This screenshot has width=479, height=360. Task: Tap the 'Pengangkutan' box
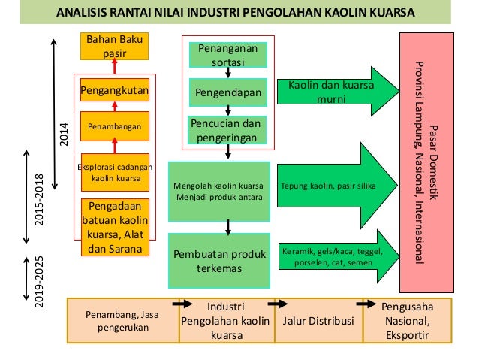coord(114,91)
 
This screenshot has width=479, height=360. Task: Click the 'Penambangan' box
coord(114,126)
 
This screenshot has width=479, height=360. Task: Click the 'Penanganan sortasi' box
coord(227,56)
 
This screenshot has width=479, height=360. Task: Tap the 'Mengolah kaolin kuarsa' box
coord(218,191)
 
